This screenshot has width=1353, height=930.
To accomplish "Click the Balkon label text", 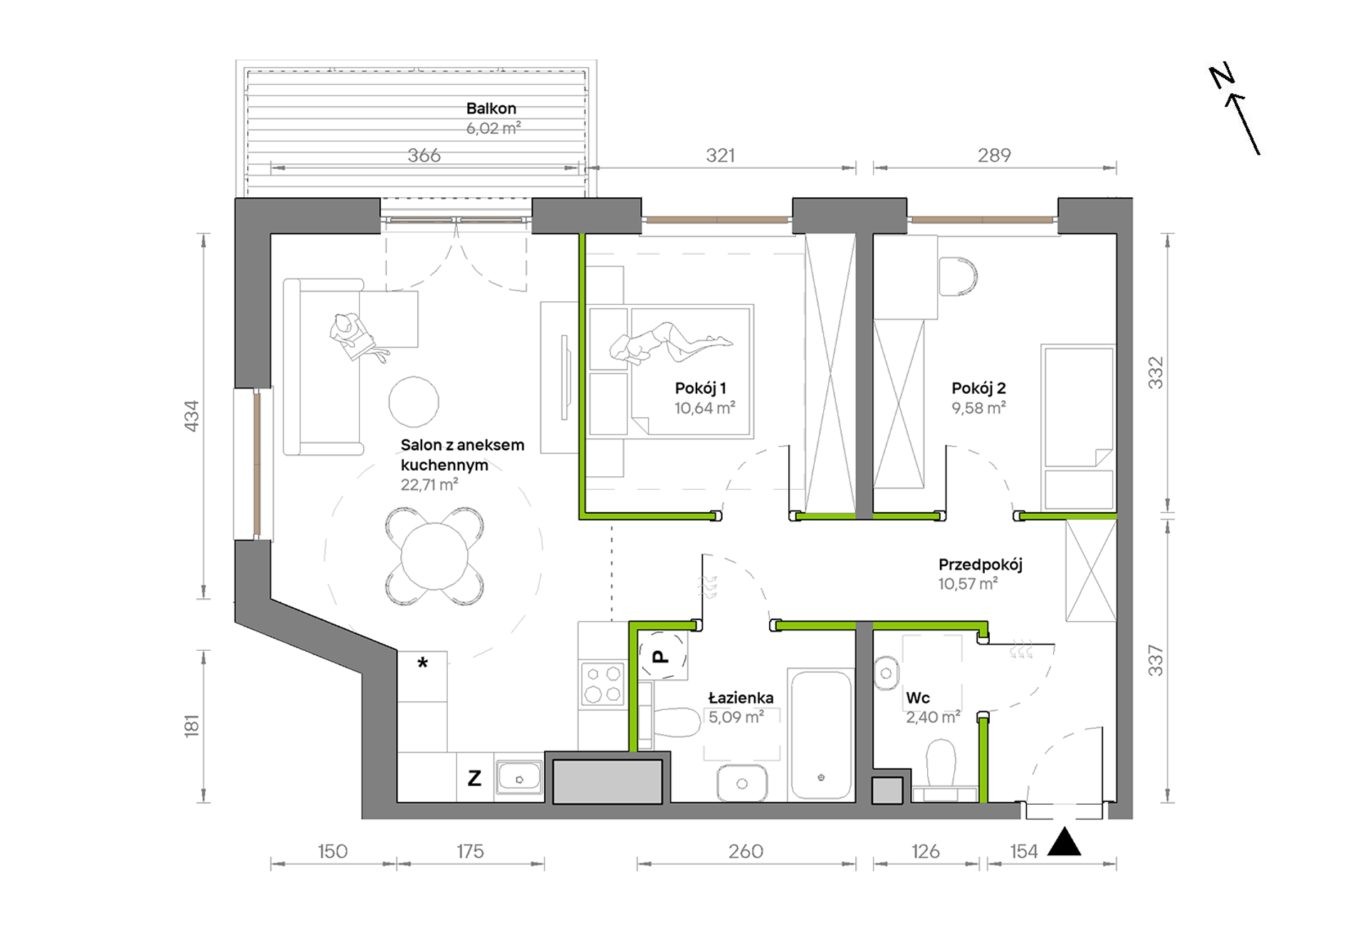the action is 491,108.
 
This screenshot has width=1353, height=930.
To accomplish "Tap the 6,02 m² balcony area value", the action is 493,128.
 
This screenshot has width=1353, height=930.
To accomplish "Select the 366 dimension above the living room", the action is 424,155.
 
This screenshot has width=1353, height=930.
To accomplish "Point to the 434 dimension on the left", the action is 192,416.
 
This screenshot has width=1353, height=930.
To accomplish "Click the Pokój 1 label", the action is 701,388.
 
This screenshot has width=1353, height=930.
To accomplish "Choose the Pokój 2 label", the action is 978,388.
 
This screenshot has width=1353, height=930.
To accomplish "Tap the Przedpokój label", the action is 980,565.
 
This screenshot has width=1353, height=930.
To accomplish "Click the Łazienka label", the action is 741,698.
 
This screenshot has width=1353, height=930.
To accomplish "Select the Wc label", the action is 918,698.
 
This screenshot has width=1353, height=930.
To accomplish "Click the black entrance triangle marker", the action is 1065,842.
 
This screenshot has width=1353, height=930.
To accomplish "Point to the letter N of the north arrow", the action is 1222,76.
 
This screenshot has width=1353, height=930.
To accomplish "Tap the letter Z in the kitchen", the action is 474,778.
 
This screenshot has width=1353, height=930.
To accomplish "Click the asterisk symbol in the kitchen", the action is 422,664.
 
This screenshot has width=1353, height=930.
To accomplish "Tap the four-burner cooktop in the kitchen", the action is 602,684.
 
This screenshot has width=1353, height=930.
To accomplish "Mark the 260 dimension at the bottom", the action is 746,851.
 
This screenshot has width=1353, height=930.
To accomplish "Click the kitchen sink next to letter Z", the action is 519,778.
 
